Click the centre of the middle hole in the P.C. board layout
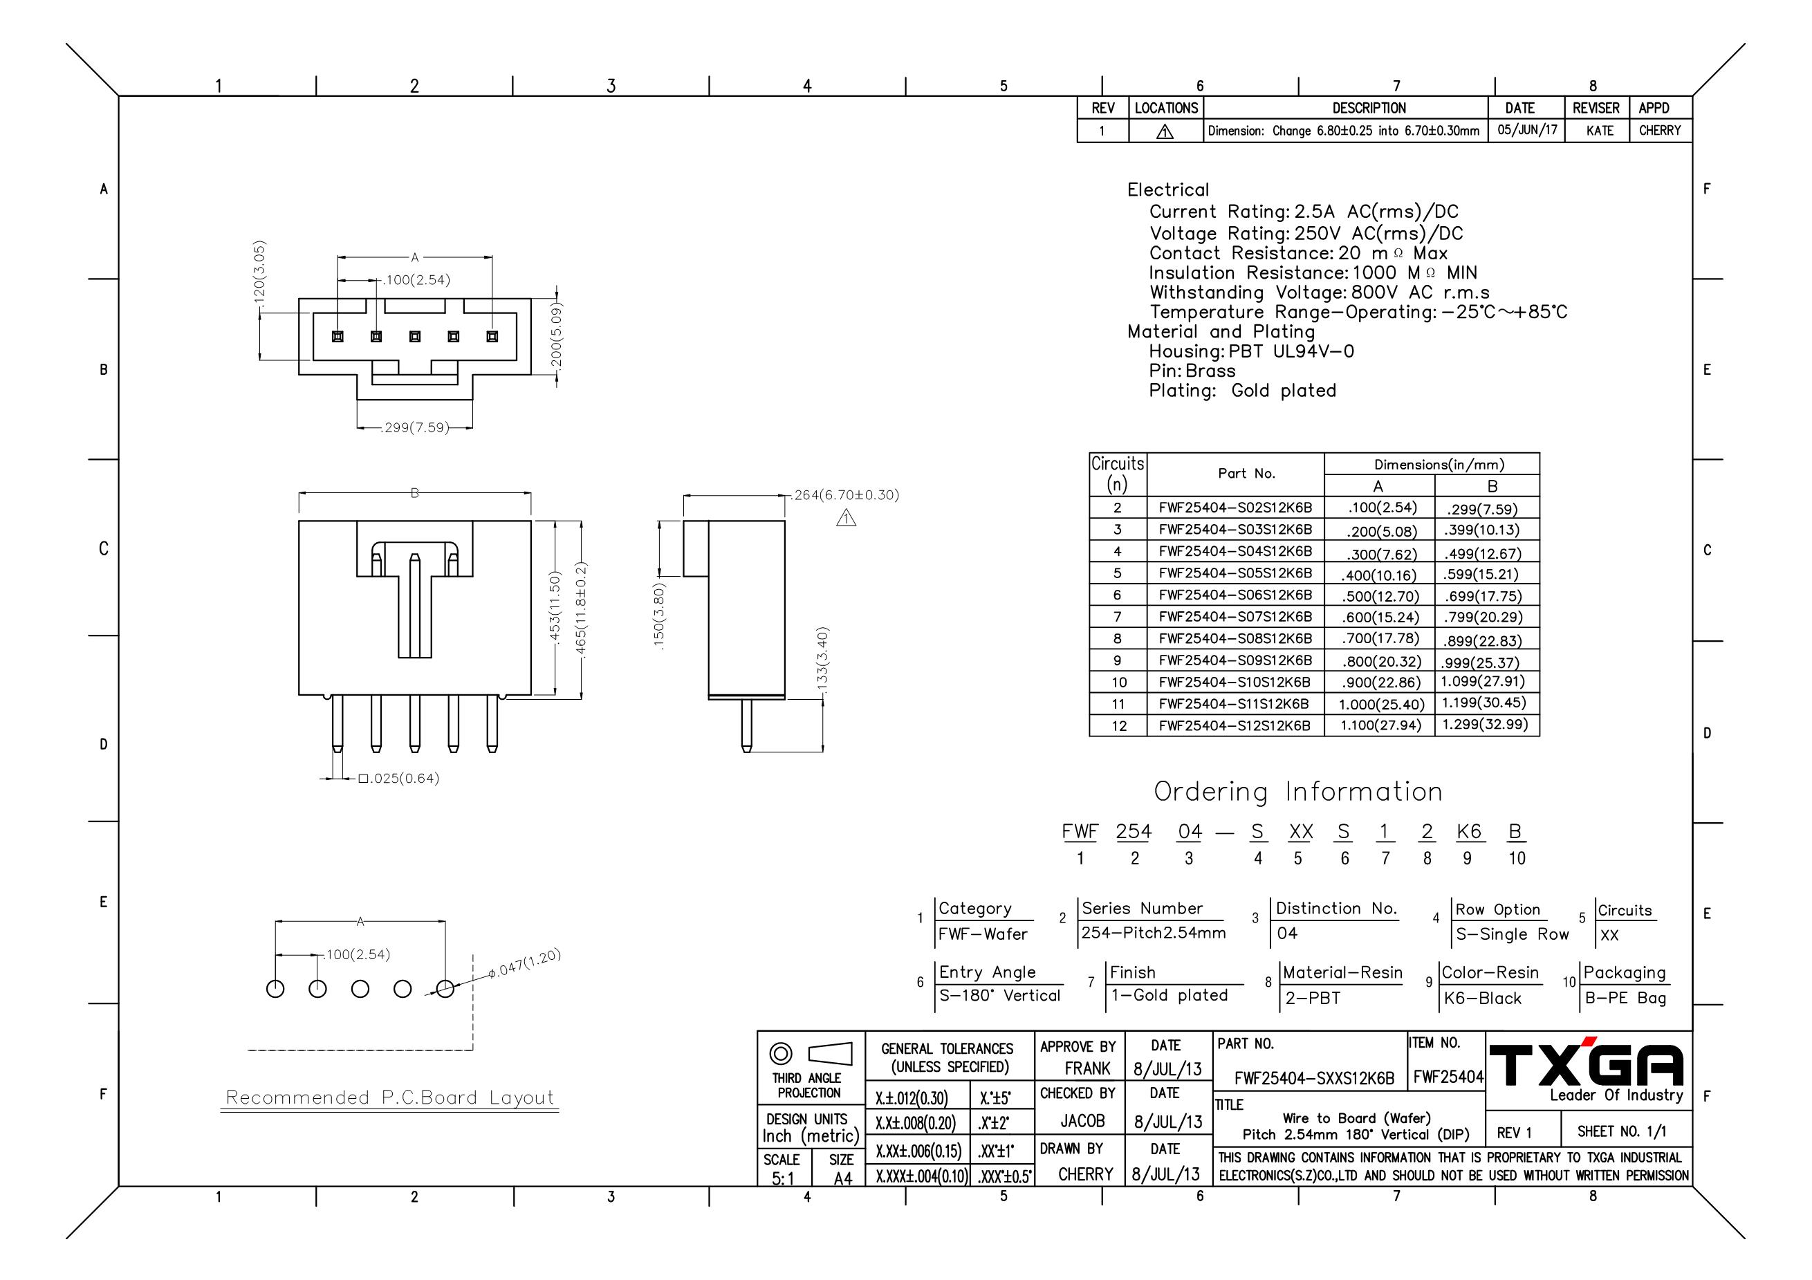(x=360, y=989)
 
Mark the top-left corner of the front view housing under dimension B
(x=299, y=521)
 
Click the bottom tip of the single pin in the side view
(x=746, y=751)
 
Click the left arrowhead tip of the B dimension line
(x=299, y=494)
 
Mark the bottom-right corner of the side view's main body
(x=785, y=699)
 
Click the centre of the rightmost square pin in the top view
(x=492, y=337)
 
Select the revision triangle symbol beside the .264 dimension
(x=846, y=518)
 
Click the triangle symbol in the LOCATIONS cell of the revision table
(x=1165, y=132)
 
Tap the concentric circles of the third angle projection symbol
(x=781, y=1053)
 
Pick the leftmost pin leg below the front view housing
(x=338, y=723)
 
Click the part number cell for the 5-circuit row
(x=1235, y=573)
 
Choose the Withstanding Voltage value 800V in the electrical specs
(x=1376, y=293)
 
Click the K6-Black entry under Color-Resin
(x=1482, y=999)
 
